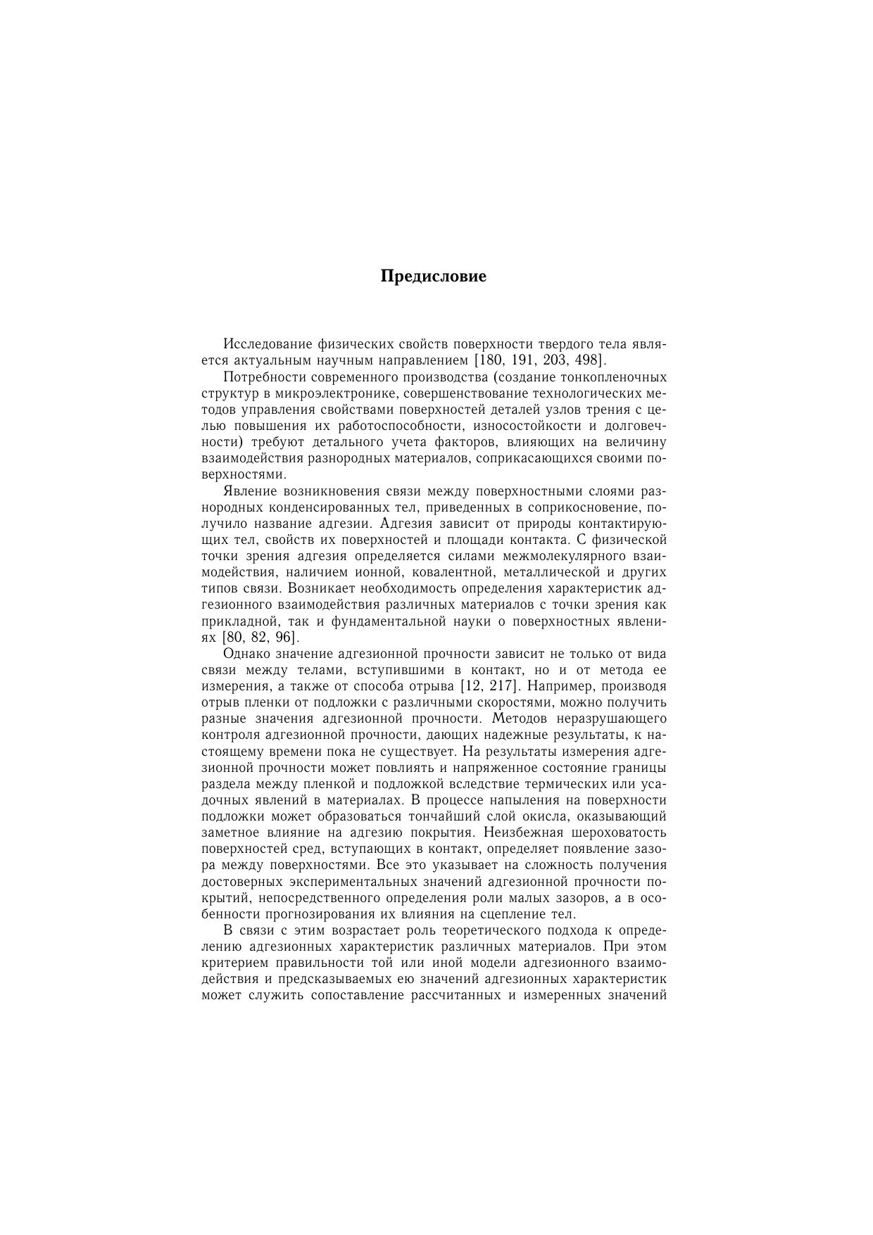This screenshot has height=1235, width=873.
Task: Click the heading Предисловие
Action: point(433,276)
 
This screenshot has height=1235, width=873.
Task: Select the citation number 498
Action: point(587,360)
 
